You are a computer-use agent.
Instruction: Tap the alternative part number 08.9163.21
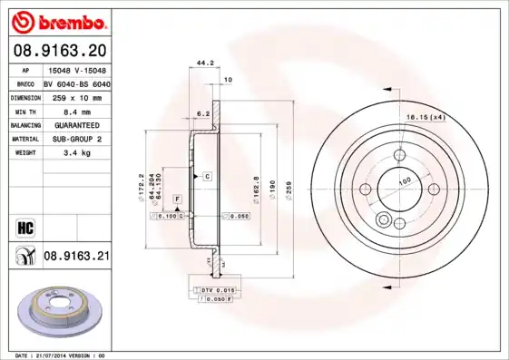tap(76, 258)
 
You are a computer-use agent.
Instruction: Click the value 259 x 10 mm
tap(76, 96)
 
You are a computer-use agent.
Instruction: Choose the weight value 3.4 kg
tap(76, 153)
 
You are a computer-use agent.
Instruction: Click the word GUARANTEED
tap(76, 124)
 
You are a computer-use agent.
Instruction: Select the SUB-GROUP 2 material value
tap(76, 139)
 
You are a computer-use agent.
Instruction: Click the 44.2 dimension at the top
tap(204, 63)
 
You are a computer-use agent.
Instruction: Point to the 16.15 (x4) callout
tap(425, 117)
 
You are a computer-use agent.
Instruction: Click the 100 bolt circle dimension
tap(404, 180)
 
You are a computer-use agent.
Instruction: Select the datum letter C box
tap(208, 174)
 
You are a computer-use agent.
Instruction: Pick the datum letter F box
tap(177, 198)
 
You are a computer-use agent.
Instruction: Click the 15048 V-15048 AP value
tap(76, 68)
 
